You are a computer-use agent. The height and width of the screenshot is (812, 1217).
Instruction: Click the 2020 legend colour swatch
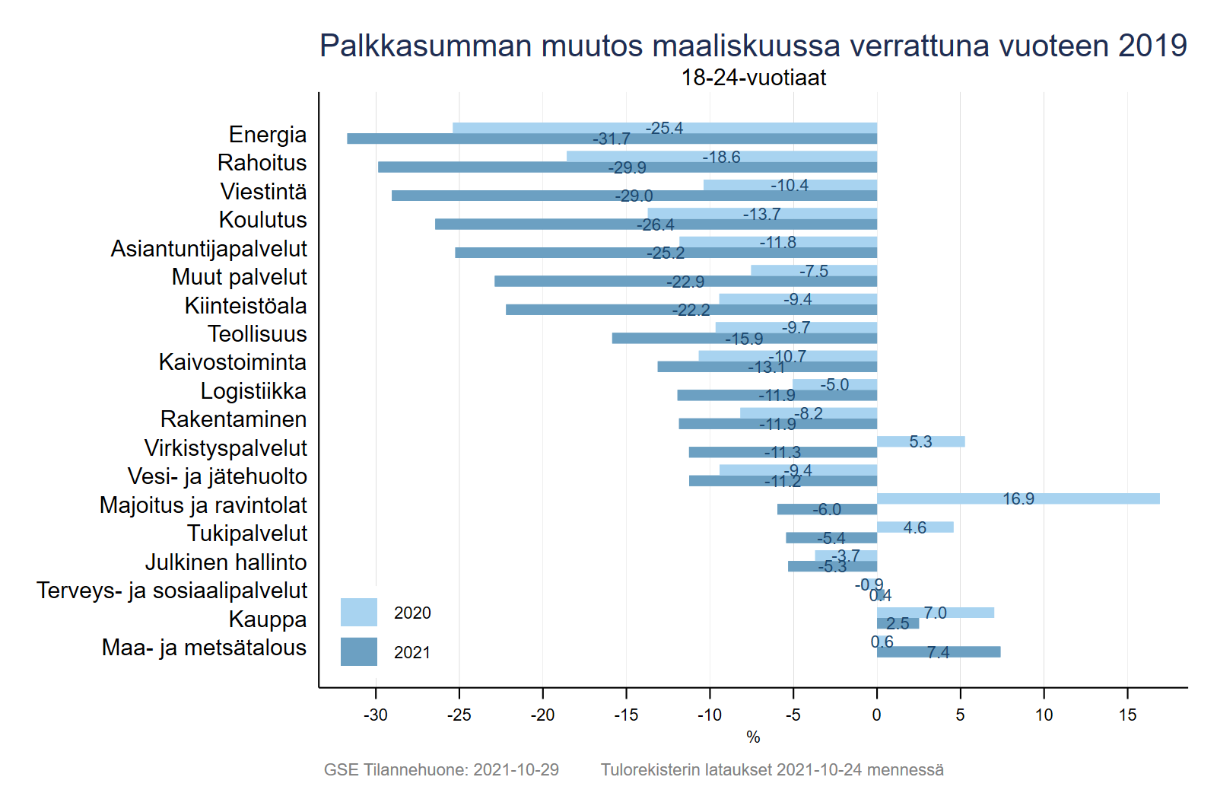pyautogui.click(x=359, y=613)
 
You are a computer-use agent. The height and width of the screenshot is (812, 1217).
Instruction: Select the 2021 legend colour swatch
pyautogui.click(x=359, y=651)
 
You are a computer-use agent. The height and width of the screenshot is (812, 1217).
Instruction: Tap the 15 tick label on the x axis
pyautogui.click(x=1127, y=715)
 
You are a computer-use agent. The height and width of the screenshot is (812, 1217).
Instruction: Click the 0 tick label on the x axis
pyautogui.click(x=877, y=715)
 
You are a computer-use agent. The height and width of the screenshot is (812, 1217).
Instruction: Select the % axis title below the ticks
pyautogui.click(x=753, y=737)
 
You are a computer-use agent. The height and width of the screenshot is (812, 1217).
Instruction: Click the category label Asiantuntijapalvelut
pyautogui.click(x=209, y=249)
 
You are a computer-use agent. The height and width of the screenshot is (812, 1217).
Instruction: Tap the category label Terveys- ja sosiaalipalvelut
pyautogui.click(x=172, y=591)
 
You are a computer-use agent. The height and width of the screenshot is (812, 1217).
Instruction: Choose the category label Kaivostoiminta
pyautogui.click(x=233, y=362)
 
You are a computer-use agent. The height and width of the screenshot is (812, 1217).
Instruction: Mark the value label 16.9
pyautogui.click(x=1018, y=498)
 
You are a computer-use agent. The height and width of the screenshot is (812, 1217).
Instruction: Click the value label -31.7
pyautogui.click(x=612, y=139)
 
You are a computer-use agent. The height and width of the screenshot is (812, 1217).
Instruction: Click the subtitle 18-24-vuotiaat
pyautogui.click(x=753, y=78)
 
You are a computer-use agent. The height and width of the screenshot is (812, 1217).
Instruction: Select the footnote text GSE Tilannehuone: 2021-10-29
pyautogui.click(x=441, y=769)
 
